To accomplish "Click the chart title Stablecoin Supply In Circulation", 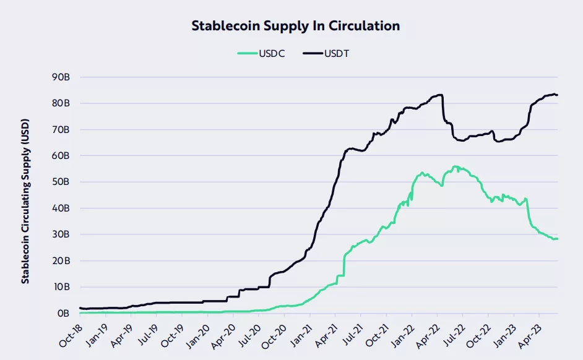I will click(295, 26).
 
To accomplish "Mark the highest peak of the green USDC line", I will click(456, 166).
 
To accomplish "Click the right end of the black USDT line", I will click(558, 95).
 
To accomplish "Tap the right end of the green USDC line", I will click(558, 239).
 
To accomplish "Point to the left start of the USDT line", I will click(80, 308).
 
